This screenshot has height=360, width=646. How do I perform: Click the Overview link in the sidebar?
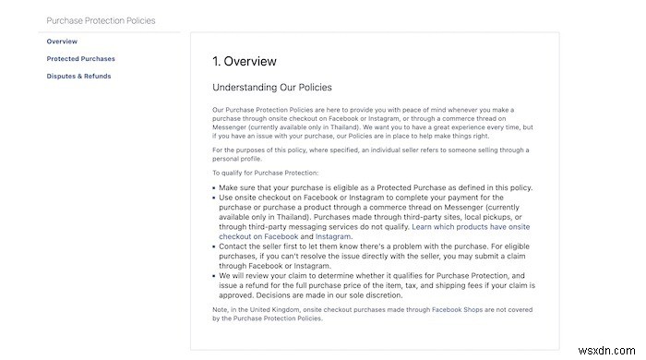(x=62, y=42)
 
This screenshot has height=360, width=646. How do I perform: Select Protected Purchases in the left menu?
(x=81, y=59)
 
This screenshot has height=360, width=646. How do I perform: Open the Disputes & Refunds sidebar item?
(x=79, y=77)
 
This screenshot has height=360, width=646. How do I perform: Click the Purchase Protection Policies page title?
(x=102, y=20)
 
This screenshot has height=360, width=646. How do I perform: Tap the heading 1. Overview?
(x=245, y=62)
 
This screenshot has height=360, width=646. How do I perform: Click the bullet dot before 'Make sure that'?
(x=214, y=188)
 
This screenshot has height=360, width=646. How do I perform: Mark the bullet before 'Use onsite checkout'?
(x=214, y=198)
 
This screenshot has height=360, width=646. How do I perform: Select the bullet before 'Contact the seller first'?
(x=214, y=247)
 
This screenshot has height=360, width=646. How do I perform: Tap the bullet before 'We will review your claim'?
(x=214, y=276)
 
